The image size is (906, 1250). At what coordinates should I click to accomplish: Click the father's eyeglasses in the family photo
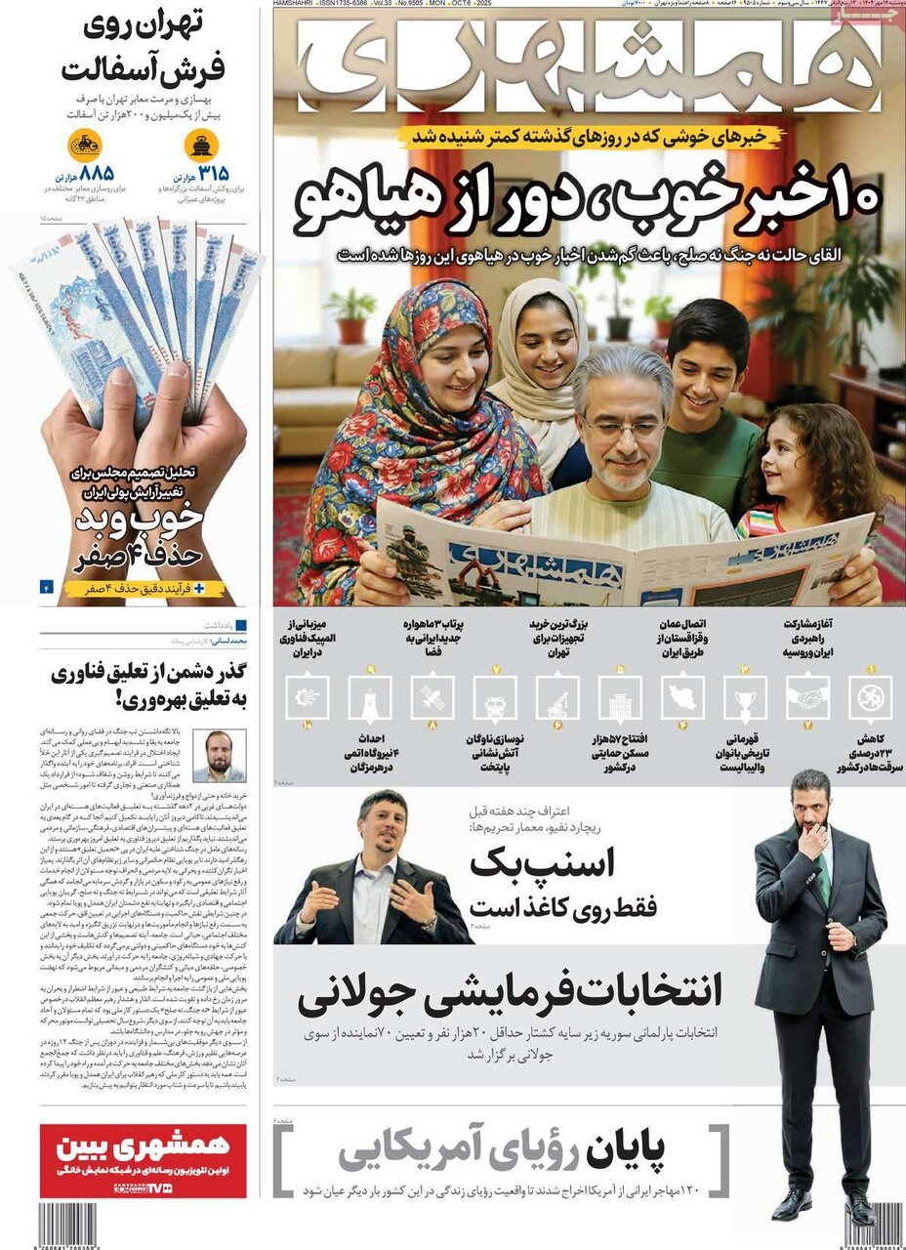point(622,427)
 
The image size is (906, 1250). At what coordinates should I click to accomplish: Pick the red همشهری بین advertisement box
point(143,1159)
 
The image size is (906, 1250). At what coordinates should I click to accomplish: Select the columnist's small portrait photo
point(220,755)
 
